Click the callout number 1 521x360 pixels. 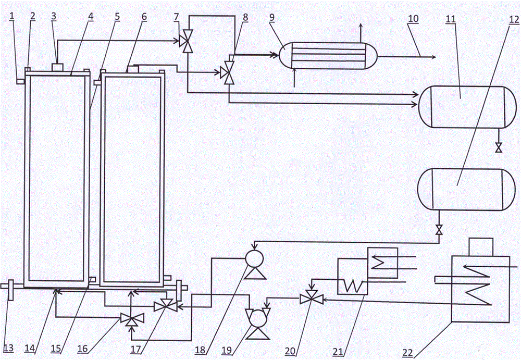12,16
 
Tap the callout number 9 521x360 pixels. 272,17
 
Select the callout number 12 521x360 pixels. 514,20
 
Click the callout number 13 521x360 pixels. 8,348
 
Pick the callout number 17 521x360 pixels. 135,349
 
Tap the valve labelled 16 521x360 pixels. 132,319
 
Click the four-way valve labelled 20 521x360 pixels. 312,297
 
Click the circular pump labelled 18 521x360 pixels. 255,258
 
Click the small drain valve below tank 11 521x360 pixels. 499,147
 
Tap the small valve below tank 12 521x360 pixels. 439,229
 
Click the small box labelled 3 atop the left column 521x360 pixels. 57,68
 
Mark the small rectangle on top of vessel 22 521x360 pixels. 480,247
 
